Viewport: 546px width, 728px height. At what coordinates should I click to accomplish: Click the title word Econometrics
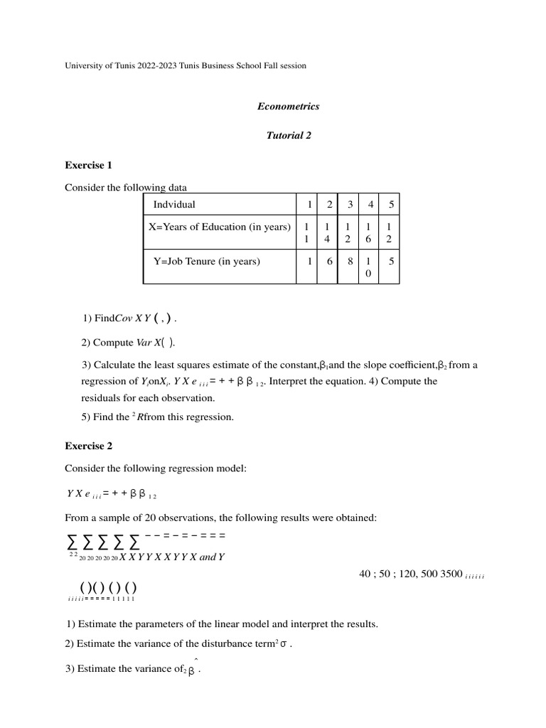pos(288,107)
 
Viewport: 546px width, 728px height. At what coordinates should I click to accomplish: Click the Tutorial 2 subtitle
pos(288,136)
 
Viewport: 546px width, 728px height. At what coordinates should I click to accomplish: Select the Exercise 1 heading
pos(89,165)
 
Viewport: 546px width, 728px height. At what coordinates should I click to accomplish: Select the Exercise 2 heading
pos(89,446)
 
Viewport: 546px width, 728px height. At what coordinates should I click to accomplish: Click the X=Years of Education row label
pos(219,227)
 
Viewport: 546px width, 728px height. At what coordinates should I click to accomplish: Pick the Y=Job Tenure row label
pos(207,262)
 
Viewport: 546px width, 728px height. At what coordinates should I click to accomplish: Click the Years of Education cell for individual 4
pos(369,232)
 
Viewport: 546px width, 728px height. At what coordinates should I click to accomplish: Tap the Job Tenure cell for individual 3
pos(348,262)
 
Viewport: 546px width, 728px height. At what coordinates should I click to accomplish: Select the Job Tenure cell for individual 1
pos(310,262)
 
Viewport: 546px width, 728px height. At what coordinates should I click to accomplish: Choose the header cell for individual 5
pos(389,205)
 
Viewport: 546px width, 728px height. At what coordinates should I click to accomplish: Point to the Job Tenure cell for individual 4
pos(369,267)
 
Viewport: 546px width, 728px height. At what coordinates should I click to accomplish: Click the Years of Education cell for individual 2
pos(328,232)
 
